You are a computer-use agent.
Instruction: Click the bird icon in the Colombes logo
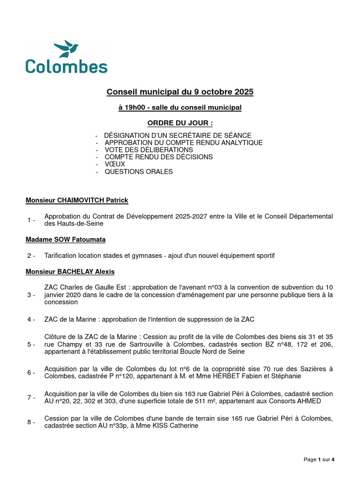[66, 49]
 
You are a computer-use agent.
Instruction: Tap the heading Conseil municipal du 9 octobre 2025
[180, 92]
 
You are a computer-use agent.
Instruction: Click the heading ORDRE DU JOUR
[180, 123]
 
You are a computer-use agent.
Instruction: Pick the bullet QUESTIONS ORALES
[138, 172]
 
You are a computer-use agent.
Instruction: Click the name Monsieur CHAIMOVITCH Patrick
[77, 201]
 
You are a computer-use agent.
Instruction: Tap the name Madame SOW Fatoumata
[66, 240]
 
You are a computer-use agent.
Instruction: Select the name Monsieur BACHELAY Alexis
[70, 272]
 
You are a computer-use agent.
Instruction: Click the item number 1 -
[31, 220]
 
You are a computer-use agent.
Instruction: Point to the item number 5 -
[31, 345]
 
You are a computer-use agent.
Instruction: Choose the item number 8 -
[31, 422]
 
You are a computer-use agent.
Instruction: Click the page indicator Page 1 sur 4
[319, 460]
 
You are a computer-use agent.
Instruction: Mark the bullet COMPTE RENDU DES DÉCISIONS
[158, 157]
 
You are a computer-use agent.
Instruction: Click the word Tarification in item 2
[61, 256]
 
